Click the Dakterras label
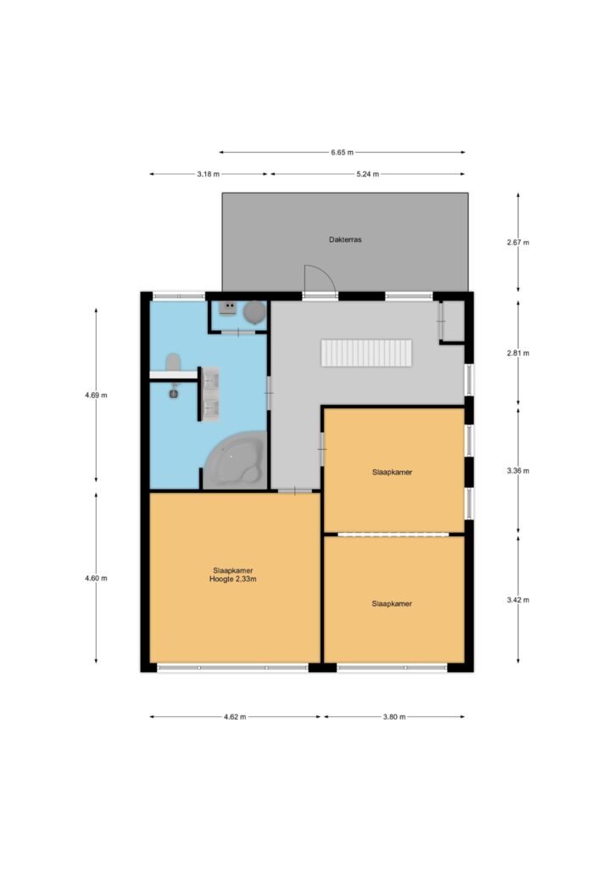(x=345, y=240)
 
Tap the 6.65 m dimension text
(x=342, y=153)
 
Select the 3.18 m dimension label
(x=208, y=174)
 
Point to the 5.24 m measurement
(x=367, y=174)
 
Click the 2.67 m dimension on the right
(x=517, y=242)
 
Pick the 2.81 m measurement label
(x=517, y=353)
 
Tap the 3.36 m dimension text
(x=517, y=471)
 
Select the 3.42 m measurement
(x=517, y=600)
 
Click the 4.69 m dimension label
(x=96, y=395)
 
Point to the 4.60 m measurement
(x=96, y=578)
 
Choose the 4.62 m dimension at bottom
(x=235, y=716)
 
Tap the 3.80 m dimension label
(x=394, y=716)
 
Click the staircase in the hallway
(x=366, y=353)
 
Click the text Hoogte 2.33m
(x=232, y=579)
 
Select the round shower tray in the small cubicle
(x=254, y=312)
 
